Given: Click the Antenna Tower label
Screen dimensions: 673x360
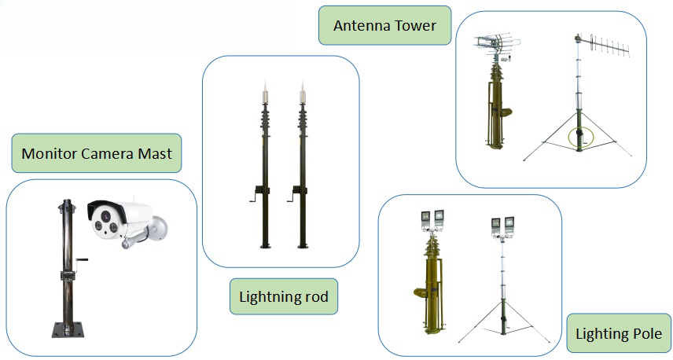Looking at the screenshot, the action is [x=384, y=25].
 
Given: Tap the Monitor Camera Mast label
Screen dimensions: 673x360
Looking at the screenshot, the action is [x=97, y=153].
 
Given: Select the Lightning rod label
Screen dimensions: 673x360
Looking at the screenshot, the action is [x=284, y=296].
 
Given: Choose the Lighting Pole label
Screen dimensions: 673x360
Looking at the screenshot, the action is [x=619, y=333].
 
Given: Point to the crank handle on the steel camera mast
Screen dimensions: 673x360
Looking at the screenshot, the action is [x=80, y=260].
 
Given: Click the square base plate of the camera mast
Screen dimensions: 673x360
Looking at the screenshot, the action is [x=68, y=329].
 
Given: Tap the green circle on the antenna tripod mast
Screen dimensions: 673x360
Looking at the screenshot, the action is [x=581, y=138].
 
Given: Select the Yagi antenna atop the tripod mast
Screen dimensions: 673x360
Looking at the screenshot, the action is [x=602, y=45].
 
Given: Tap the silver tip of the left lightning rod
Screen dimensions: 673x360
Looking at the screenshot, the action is [x=265, y=93].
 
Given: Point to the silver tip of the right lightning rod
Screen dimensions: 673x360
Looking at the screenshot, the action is [x=303, y=93].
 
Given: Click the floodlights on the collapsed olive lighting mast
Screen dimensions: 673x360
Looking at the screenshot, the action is [x=432, y=219].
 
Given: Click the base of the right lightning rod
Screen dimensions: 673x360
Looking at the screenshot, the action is [x=303, y=246].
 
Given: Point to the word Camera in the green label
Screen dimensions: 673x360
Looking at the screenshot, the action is [x=107, y=153].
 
